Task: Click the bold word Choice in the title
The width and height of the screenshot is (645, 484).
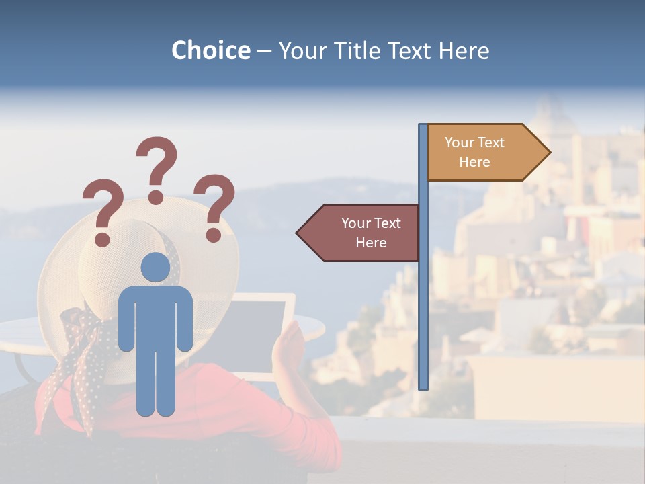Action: (x=210, y=50)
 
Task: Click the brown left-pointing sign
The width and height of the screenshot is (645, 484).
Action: (x=363, y=233)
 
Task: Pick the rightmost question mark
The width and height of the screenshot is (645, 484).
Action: (x=215, y=205)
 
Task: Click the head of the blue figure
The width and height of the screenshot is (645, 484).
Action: (x=155, y=267)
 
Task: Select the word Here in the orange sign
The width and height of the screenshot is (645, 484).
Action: (x=474, y=162)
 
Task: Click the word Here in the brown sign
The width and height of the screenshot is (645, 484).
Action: (x=371, y=243)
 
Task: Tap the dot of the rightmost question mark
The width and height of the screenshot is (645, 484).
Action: (x=214, y=235)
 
